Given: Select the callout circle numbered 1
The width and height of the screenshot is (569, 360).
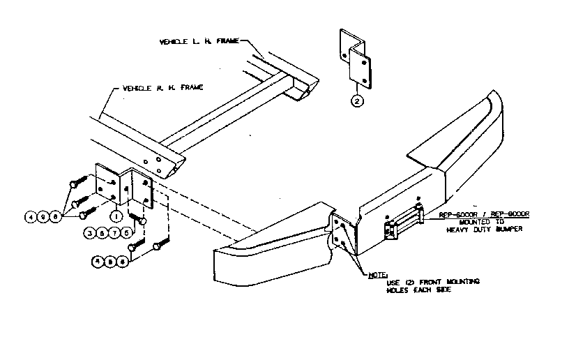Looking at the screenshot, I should click(x=116, y=216).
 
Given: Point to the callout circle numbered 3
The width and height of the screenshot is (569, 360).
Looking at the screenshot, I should click(x=89, y=232).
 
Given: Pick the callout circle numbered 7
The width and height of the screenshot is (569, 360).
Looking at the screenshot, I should click(x=114, y=232).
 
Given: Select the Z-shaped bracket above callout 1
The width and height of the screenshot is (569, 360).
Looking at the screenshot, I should click(x=126, y=187).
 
